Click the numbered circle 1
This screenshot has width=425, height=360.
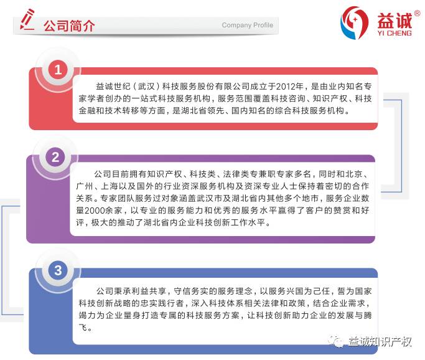(58, 70)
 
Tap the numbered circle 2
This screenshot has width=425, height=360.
(55, 158)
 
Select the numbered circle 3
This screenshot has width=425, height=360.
(58, 270)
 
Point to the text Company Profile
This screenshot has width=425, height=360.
(247, 26)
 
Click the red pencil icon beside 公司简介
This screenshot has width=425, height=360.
(27, 20)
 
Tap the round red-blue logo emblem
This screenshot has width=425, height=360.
(355, 22)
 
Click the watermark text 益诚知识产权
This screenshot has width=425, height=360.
(380, 341)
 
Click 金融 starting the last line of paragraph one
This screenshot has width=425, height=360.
(87, 111)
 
